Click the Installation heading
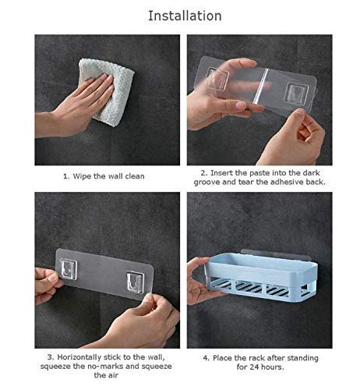(185, 16)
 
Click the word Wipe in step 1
(82, 176)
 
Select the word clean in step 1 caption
(135, 176)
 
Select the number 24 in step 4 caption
(254, 367)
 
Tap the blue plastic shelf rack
(262, 275)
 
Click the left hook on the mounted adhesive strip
(69, 268)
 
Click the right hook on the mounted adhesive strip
(135, 282)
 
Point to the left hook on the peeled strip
(217, 80)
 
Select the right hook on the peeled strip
(296, 94)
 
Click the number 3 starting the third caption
(50, 357)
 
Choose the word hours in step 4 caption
(272, 367)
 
